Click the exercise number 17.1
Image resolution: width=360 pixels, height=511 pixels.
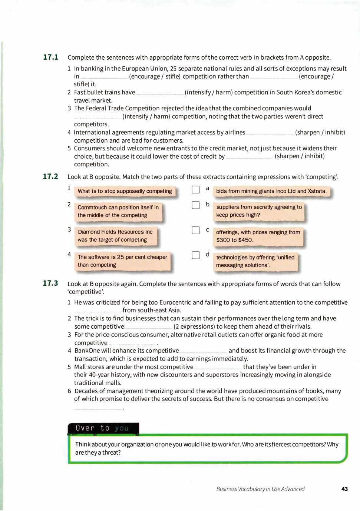(x=50, y=57)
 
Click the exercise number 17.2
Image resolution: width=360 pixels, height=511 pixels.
(x=50, y=176)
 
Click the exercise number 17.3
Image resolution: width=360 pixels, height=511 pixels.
(x=50, y=283)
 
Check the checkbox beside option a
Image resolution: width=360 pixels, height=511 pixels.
(x=196, y=190)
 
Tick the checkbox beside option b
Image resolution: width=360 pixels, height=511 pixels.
(x=196, y=205)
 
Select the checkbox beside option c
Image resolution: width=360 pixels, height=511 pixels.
(x=196, y=230)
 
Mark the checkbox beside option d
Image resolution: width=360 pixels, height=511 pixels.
(x=196, y=255)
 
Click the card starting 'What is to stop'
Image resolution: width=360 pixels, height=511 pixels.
(x=125, y=191)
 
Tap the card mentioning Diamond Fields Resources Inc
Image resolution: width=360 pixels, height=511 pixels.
(x=115, y=236)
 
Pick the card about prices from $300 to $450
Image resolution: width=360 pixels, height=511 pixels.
(x=258, y=236)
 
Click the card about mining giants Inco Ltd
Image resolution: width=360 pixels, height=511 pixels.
(x=271, y=191)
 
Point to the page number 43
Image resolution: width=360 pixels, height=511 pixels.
(x=345, y=489)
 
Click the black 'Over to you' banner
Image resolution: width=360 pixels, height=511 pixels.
(x=103, y=428)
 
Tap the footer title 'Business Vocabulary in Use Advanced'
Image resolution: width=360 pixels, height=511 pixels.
(x=260, y=489)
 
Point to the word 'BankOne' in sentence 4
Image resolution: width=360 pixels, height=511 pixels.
(x=87, y=351)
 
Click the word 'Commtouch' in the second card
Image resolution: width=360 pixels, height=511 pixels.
(x=92, y=208)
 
